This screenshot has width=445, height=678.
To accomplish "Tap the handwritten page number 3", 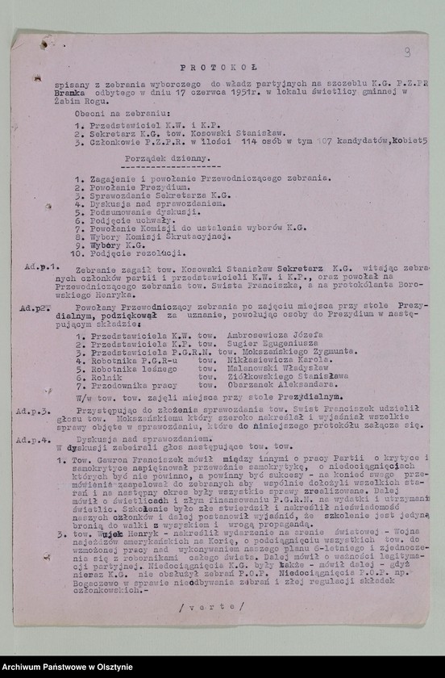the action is click(x=407, y=52).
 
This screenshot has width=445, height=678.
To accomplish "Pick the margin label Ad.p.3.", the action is click(x=35, y=411).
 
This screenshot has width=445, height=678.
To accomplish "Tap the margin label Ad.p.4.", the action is click(x=35, y=439).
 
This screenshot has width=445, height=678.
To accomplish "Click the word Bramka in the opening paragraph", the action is click(x=70, y=93).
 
